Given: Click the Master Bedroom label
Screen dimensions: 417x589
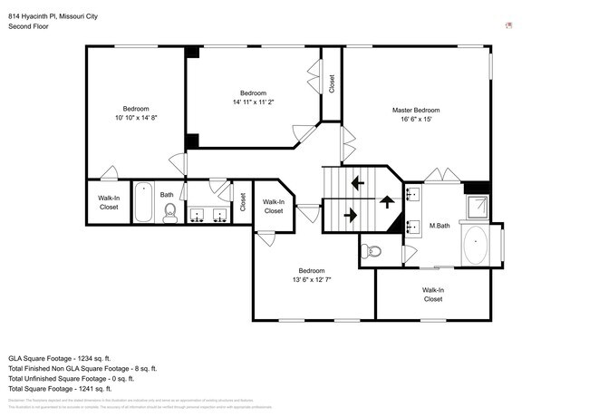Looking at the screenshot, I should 416,110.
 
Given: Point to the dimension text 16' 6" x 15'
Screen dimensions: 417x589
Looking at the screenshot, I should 416,119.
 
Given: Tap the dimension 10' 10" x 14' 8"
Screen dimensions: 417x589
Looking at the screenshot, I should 136,118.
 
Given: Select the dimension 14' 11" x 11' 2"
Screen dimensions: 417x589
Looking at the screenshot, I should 253,102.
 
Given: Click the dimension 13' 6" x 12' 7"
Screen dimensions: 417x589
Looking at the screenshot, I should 312,280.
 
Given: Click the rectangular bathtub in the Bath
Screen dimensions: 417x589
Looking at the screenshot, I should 143,203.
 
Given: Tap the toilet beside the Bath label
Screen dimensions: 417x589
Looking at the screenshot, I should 169,213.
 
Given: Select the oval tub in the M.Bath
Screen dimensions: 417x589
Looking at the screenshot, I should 475,245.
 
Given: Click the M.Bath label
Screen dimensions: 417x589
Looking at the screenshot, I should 440,226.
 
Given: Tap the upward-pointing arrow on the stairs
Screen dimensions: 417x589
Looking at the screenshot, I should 387,201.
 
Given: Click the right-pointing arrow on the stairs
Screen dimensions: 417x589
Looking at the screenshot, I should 351,216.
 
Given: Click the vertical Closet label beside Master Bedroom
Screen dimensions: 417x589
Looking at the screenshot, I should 333,83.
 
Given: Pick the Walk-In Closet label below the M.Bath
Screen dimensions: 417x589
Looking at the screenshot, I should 432,295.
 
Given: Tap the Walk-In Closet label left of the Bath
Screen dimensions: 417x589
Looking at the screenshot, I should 109,202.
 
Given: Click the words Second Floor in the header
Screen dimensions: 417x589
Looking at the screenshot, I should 30,26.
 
